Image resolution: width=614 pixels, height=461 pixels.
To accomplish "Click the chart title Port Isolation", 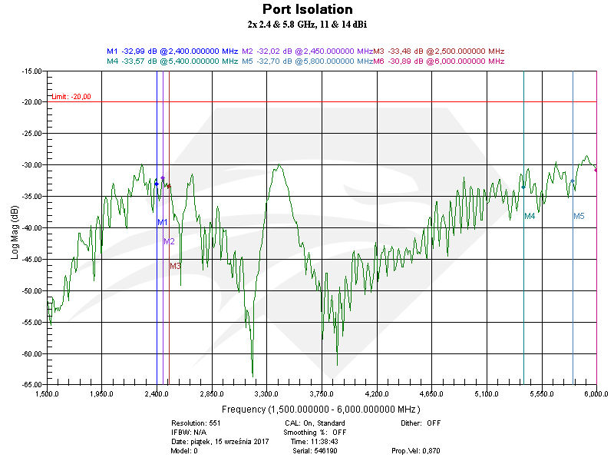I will pyautogui.click(x=308, y=9).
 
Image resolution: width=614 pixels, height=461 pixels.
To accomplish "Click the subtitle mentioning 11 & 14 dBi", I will pyautogui.click(x=307, y=25).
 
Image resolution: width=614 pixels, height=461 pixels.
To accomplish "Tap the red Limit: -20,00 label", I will pyautogui.click(x=71, y=96).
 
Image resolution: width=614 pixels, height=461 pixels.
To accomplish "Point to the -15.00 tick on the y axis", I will pyautogui.click(x=31, y=71).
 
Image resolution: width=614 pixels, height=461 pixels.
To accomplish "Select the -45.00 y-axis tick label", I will pyautogui.click(x=31, y=260).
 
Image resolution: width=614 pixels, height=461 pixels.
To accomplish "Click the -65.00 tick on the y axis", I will pyautogui.click(x=31, y=385).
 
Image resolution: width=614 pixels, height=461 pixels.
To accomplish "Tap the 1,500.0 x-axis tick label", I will pyautogui.click(x=48, y=393).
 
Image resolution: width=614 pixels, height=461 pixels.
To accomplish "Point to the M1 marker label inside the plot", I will pyautogui.click(x=163, y=222).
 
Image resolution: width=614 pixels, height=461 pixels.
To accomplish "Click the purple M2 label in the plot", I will pyautogui.click(x=169, y=241).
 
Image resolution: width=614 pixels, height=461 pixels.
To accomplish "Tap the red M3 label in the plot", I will pyautogui.click(x=175, y=266).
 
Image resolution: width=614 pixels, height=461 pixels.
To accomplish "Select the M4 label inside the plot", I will pyautogui.click(x=530, y=217).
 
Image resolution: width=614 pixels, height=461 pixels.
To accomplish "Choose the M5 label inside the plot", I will pyautogui.click(x=579, y=217).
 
